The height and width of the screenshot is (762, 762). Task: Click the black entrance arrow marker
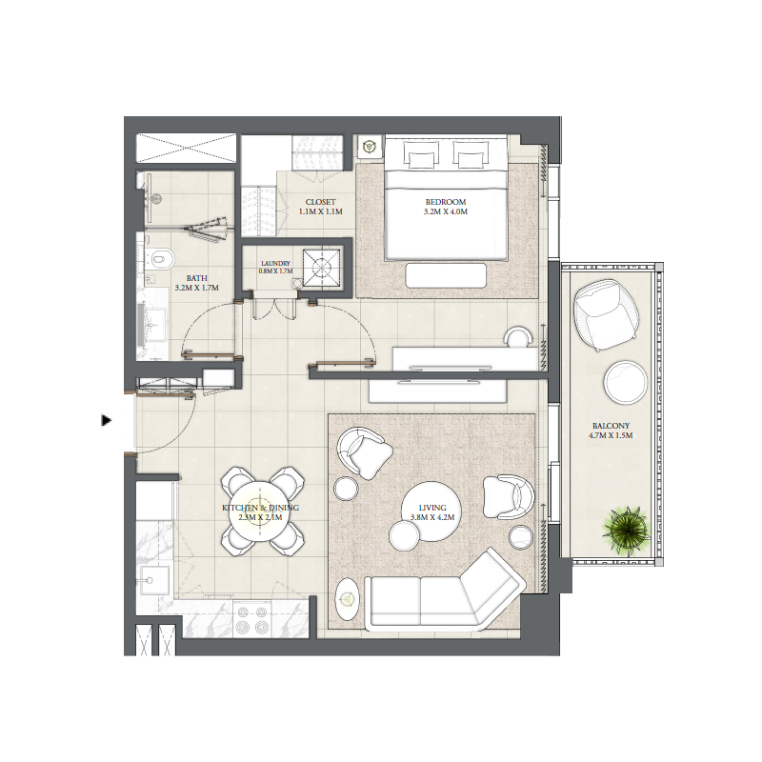pyautogui.click(x=107, y=419)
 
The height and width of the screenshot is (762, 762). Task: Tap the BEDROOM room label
pyautogui.click(x=446, y=202)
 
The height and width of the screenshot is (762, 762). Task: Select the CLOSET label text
pyautogui.click(x=320, y=202)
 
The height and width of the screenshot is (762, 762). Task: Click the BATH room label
pyautogui.click(x=185, y=279)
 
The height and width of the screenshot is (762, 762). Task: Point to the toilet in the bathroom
pyautogui.click(x=160, y=257)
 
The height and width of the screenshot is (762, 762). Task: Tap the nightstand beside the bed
pyautogui.click(x=370, y=148)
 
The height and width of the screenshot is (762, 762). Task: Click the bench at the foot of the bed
pyautogui.click(x=446, y=274)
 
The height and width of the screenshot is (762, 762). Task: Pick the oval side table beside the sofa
pyautogui.click(x=347, y=599)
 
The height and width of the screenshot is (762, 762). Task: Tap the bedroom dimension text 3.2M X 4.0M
pyautogui.click(x=446, y=212)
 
